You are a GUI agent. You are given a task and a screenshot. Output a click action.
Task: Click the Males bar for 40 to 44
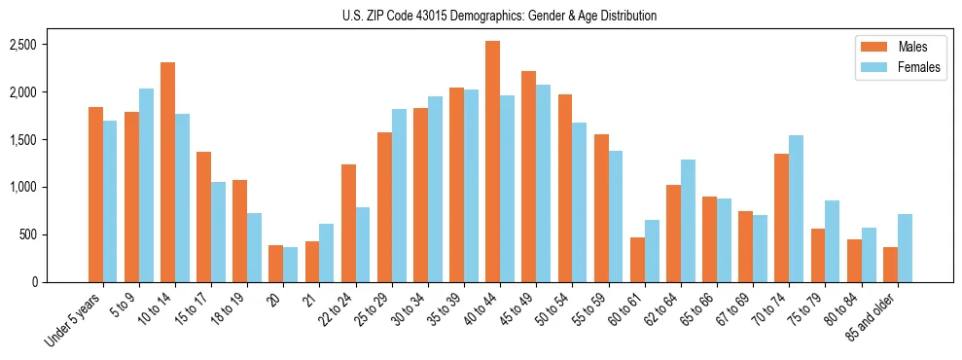(x=492, y=162)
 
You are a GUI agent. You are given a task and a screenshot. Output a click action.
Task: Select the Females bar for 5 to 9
(x=146, y=185)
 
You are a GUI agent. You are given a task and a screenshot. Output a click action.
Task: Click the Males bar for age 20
(x=275, y=264)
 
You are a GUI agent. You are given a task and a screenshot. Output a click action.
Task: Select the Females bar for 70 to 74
(x=796, y=208)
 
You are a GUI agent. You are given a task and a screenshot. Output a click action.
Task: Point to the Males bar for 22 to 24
(x=348, y=223)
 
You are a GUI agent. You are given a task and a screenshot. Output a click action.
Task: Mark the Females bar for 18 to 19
(x=254, y=247)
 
